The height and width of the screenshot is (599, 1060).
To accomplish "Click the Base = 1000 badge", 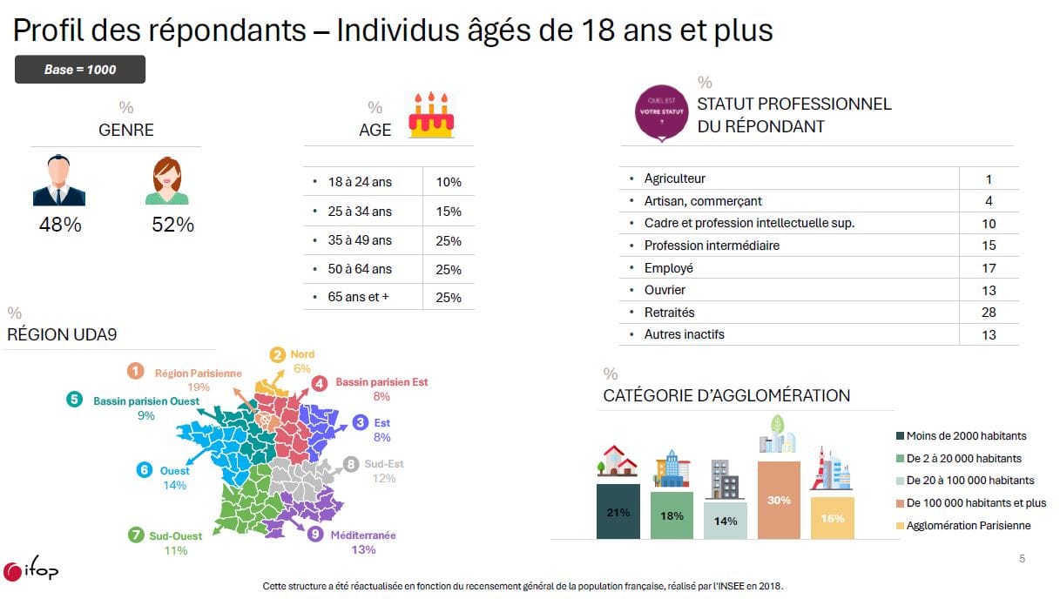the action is (x=80, y=70).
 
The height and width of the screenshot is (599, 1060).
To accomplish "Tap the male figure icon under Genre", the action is (x=59, y=180).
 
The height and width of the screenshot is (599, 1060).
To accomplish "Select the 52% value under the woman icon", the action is (x=172, y=225).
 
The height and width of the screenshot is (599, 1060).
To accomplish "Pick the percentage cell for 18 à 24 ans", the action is (x=449, y=182).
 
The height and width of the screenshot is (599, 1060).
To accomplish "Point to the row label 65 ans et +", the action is (x=358, y=297).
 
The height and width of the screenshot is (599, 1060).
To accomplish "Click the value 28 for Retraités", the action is (x=989, y=313).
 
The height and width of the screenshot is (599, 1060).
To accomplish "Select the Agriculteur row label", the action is (x=674, y=178).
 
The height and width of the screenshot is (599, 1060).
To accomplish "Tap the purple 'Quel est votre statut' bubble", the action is (x=662, y=113).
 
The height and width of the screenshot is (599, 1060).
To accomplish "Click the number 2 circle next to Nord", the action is (x=277, y=355).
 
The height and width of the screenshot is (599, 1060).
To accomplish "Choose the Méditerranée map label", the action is (x=363, y=535).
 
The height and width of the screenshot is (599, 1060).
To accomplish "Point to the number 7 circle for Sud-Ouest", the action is (x=136, y=535).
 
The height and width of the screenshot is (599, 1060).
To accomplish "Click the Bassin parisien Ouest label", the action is (x=146, y=401).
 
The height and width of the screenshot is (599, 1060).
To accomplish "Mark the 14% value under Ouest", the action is (x=174, y=486).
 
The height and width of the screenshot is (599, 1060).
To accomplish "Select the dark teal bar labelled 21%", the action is (x=618, y=511).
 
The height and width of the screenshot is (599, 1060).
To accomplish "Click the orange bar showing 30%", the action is (x=779, y=500).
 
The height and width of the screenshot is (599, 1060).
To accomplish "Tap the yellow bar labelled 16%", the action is (x=833, y=518).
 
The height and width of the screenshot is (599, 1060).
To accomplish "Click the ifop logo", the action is (x=30, y=569).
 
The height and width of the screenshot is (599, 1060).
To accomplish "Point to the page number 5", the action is (x=1023, y=559).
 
